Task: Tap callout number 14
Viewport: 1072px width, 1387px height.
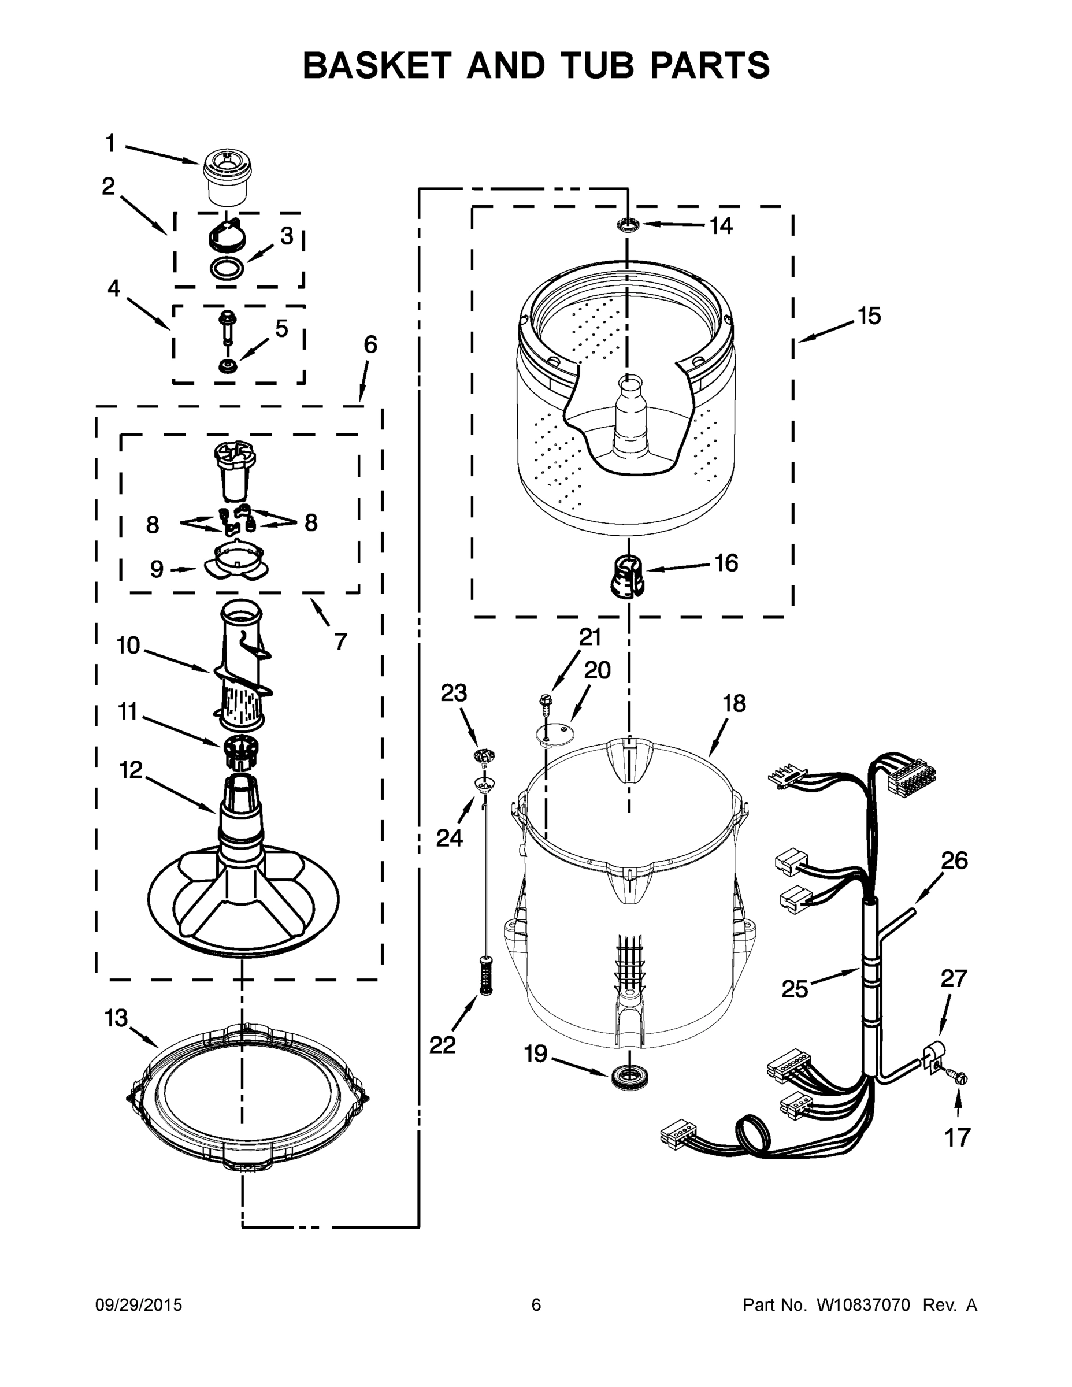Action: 721,225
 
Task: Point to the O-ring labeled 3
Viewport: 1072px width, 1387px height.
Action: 227,268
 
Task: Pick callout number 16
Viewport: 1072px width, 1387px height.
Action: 726,563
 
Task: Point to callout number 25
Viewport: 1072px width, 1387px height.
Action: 795,989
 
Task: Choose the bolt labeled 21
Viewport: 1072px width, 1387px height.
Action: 545,701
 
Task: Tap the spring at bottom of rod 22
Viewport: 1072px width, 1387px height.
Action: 487,977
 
